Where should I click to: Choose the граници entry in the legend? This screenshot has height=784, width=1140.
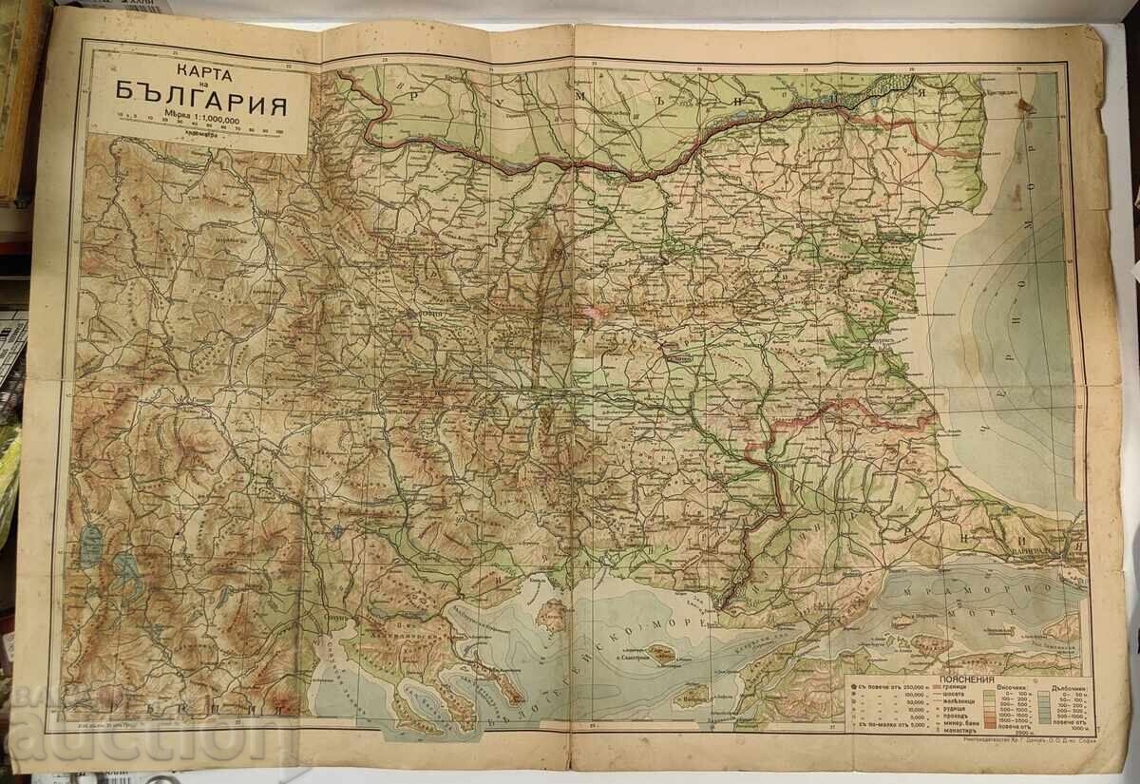(x=949, y=690)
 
